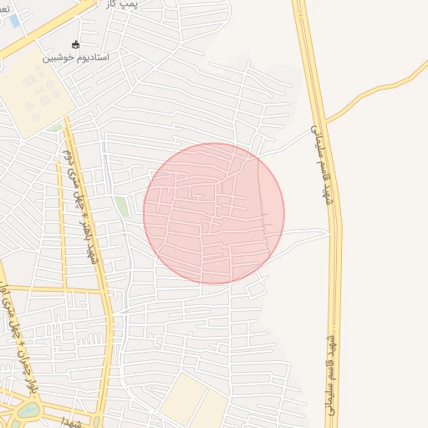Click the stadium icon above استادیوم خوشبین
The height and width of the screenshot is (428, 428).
(x=76, y=44)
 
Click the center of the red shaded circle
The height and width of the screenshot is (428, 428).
(x=213, y=213)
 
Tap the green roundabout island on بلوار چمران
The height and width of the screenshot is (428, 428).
(x=27, y=410)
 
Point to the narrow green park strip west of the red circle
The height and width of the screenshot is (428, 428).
(x=122, y=206)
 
